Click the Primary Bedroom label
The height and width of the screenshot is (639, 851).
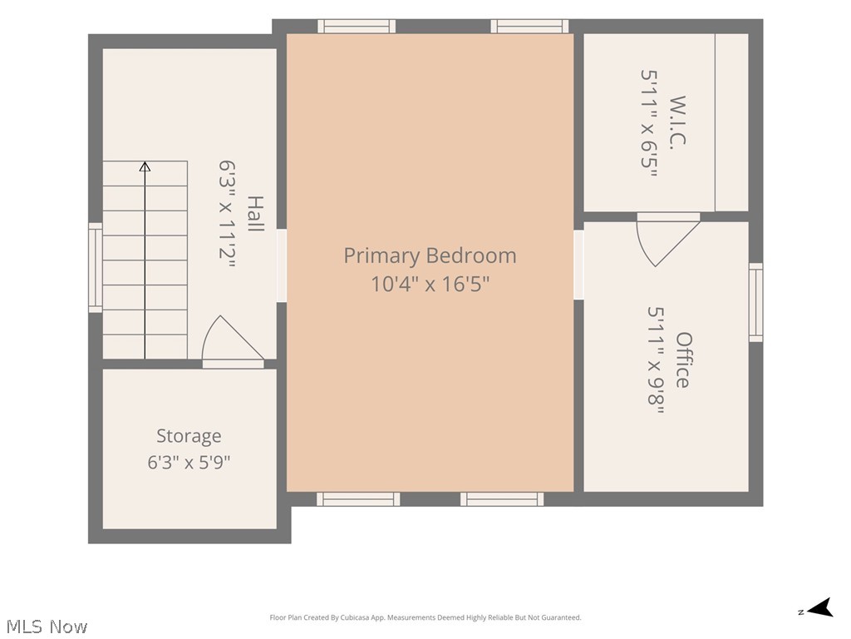(x=430, y=255)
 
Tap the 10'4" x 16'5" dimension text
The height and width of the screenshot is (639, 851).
(x=430, y=284)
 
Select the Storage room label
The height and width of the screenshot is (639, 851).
(x=189, y=436)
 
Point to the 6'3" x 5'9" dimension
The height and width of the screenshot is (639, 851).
(x=189, y=463)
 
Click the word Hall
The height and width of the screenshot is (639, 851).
(x=255, y=214)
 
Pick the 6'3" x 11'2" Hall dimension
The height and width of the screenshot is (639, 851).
(x=228, y=214)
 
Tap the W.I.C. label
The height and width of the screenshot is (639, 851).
(x=678, y=120)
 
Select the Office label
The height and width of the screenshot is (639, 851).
(x=683, y=359)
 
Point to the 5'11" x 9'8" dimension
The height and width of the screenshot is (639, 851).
(x=656, y=360)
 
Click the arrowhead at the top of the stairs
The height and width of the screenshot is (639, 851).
(x=145, y=166)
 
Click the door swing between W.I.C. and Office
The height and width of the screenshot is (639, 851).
(x=668, y=239)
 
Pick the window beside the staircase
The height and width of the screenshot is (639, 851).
(x=96, y=267)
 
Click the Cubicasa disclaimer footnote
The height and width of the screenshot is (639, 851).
(x=425, y=617)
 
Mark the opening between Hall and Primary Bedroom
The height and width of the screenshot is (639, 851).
(x=282, y=265)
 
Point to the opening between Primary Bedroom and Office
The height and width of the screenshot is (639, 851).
(x=578, y=265)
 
